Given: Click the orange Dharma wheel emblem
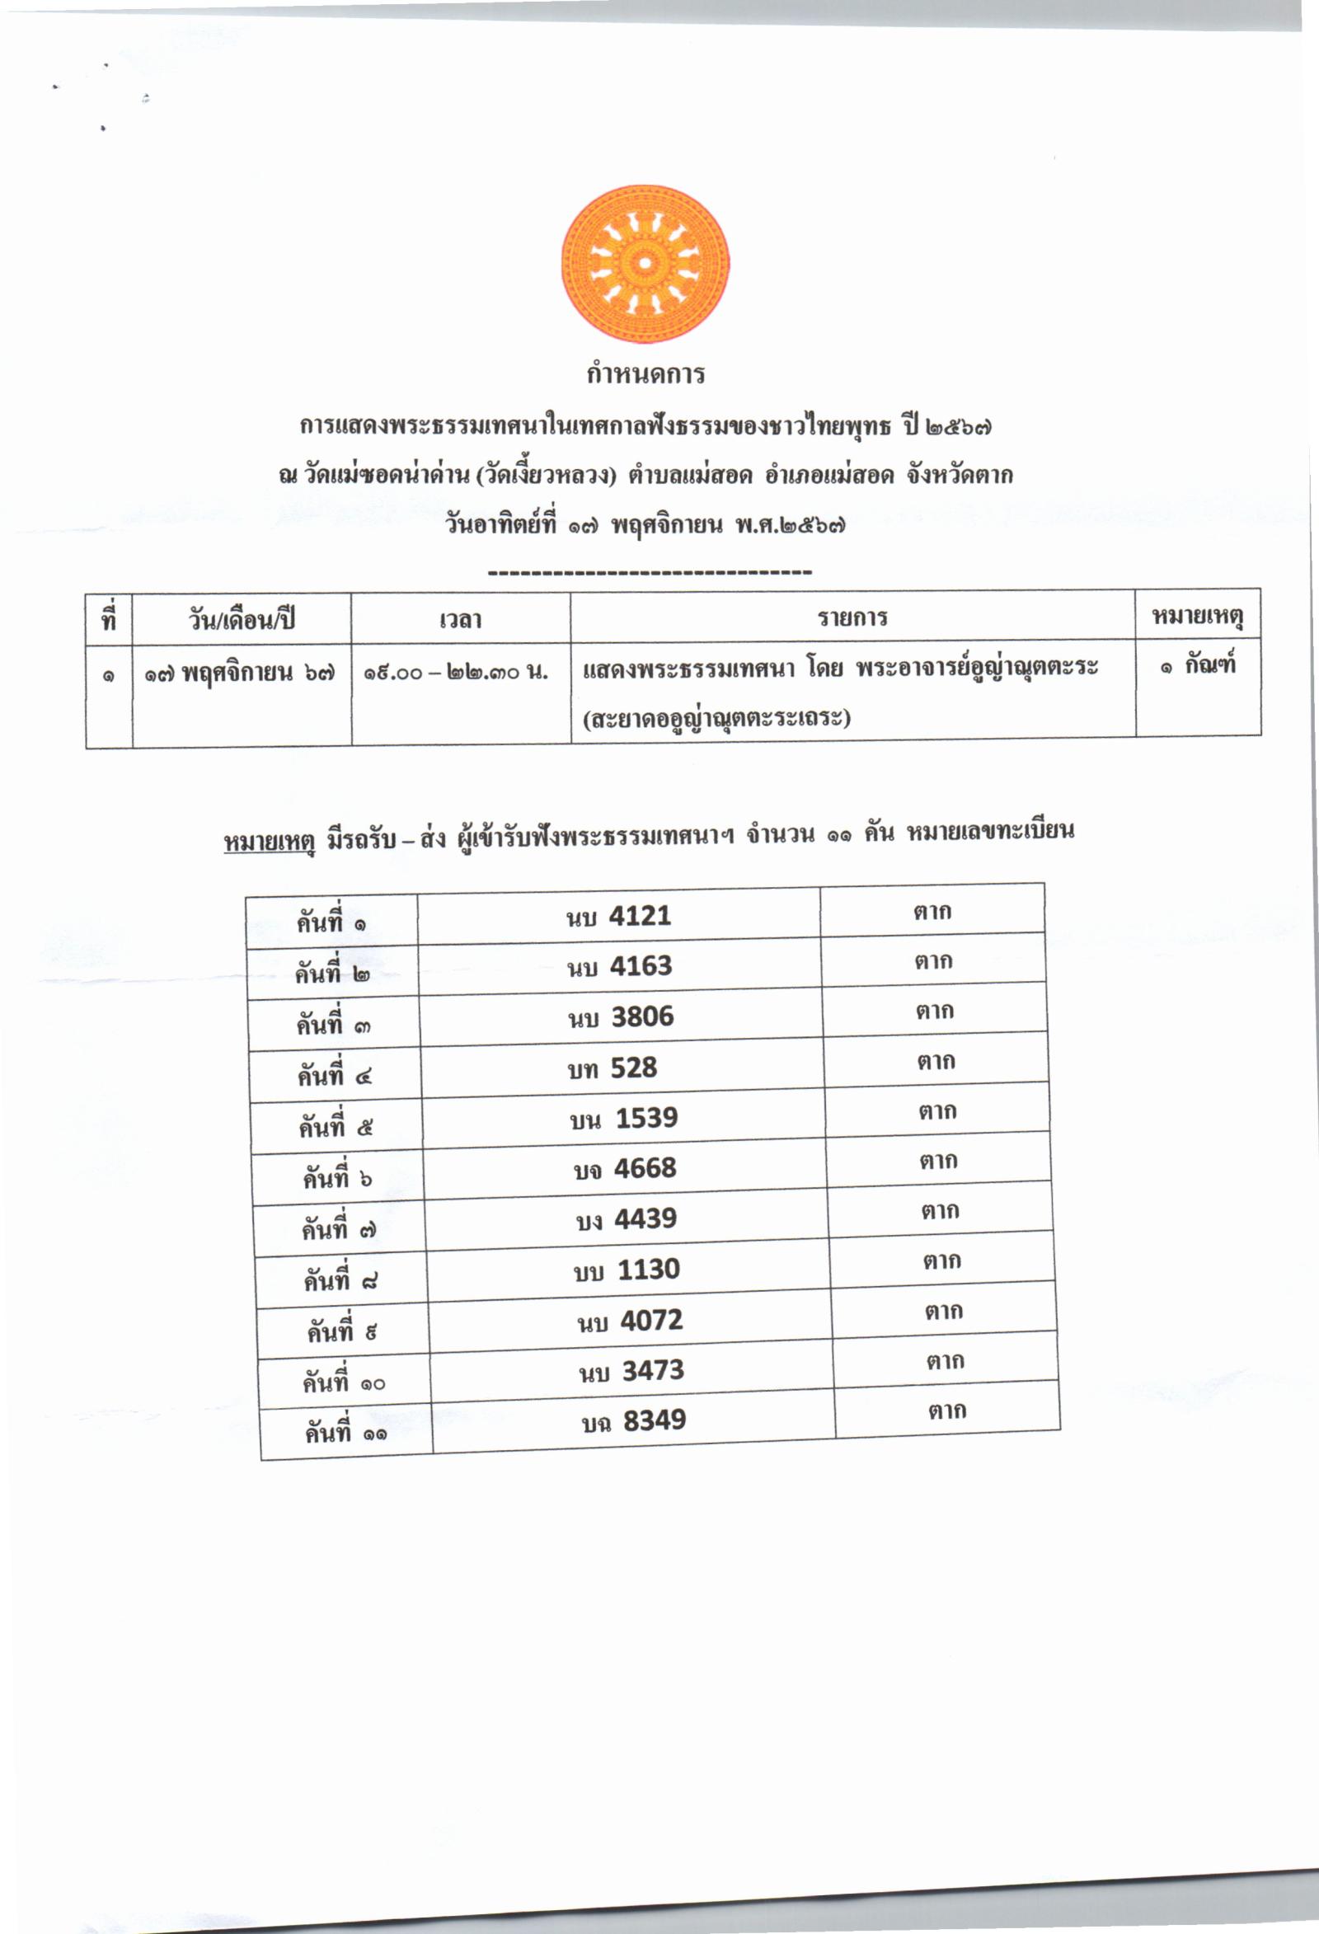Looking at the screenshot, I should [x=645, y=264].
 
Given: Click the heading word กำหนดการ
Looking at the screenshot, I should [x=645, y=374].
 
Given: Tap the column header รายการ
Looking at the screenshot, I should [x=852, y=617].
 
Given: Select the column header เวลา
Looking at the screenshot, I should [x=460, y=620].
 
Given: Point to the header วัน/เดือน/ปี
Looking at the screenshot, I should [x=242, y=621].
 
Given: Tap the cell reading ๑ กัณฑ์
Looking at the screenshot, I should [x=1198, y=666].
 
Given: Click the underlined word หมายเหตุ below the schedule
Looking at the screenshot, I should [x=269, y=842].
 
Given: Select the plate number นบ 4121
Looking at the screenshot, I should [x=618, y=916].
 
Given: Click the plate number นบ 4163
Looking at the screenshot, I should [x=619, y=966].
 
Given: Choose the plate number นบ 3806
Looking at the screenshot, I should [x=621, y=1017].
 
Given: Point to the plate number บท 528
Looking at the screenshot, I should [x=613, y=1068].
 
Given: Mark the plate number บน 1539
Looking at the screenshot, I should [x=624, y=1119].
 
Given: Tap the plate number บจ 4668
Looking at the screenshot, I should [x=625, y=1168].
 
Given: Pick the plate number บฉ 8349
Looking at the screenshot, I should [x=633, y=1420].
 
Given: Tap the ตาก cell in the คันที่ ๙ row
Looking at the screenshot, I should [x=944, y=1312].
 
